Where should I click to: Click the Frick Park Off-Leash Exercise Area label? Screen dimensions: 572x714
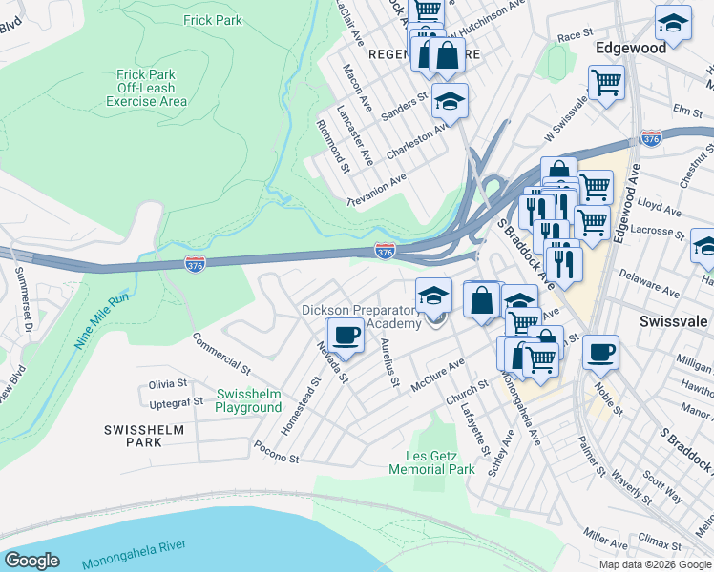tap(146, 87)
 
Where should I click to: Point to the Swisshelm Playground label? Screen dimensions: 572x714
tap(248, 400)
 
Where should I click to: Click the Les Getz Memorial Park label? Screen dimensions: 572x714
tap(432, 462)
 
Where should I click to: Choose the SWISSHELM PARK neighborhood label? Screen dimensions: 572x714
tap(144, 437)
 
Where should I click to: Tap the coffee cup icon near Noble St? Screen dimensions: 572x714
tap(600, 352)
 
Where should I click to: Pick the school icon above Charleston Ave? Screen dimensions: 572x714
tap(450, 100)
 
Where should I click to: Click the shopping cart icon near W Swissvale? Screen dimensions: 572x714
tap(606, 83)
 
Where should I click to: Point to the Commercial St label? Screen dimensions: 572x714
tap(220, 353)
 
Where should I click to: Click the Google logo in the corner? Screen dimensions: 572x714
tap(32, 561)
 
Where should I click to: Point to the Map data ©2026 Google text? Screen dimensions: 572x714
tap(655, 564)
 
